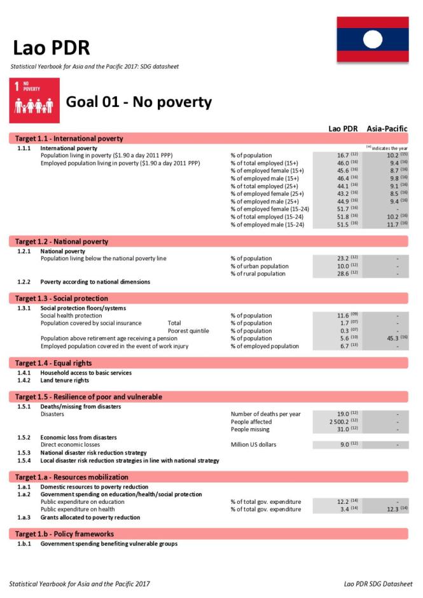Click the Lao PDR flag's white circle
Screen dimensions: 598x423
point(372,40)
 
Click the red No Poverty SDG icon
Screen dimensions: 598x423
point(35,101)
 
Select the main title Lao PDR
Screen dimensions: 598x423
point(52,48)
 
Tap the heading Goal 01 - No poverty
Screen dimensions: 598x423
point(139,102)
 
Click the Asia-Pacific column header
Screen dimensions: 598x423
point(387,129)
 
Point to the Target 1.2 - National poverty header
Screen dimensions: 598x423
point(62,242)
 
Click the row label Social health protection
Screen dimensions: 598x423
point(71,316)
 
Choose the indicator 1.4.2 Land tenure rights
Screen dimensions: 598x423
point(64,380)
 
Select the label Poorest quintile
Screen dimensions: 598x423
point(188,331)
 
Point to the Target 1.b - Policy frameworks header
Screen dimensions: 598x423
point(64,534)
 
